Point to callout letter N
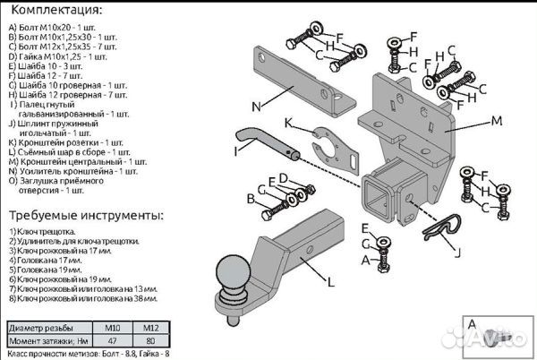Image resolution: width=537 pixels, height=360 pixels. pyautogui.click(x=255, y=106)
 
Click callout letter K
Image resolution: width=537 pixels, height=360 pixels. pyautogui.click(x=288, y=123)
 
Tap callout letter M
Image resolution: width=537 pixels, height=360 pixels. pyautogui.click(x=496, y=118)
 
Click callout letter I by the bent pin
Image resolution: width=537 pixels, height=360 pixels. pyautogui.click(x=236, y=151)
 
